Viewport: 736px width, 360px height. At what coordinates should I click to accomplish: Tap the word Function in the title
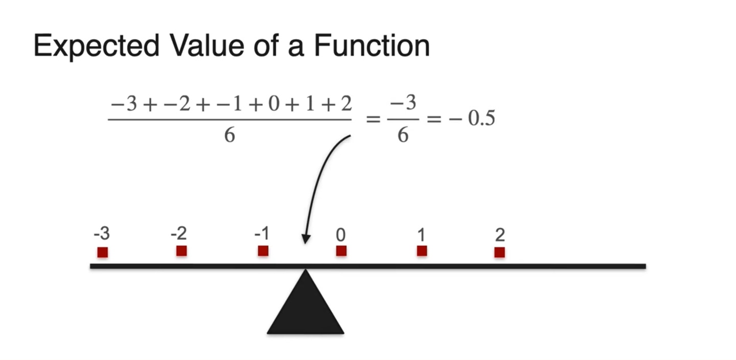point(372,46)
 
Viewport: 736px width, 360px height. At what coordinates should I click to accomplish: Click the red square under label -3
point(103,252)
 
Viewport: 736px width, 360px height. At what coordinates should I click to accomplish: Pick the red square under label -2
point(181,251)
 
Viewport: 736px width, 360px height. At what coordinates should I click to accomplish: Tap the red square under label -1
point(263,251)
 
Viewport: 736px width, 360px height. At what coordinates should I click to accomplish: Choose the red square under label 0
point(341,251)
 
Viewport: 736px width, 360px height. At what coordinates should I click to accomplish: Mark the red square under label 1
point(422,251)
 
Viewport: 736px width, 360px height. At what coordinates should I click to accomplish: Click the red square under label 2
point(499,252)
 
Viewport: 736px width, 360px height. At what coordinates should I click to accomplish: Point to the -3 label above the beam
point(102,234)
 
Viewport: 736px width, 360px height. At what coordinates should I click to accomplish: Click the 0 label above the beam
point(341,235)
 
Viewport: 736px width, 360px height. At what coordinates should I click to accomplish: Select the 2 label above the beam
point(500,235)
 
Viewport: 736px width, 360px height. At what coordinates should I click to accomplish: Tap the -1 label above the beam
point(262,234)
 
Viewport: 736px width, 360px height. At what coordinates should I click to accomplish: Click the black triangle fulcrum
point(306,309)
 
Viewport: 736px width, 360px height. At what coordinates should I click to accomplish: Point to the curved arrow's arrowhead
point(306,239)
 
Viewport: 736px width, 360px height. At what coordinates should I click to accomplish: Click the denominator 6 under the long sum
point(229,136)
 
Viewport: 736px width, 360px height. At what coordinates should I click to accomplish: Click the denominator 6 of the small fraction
point(403,136)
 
